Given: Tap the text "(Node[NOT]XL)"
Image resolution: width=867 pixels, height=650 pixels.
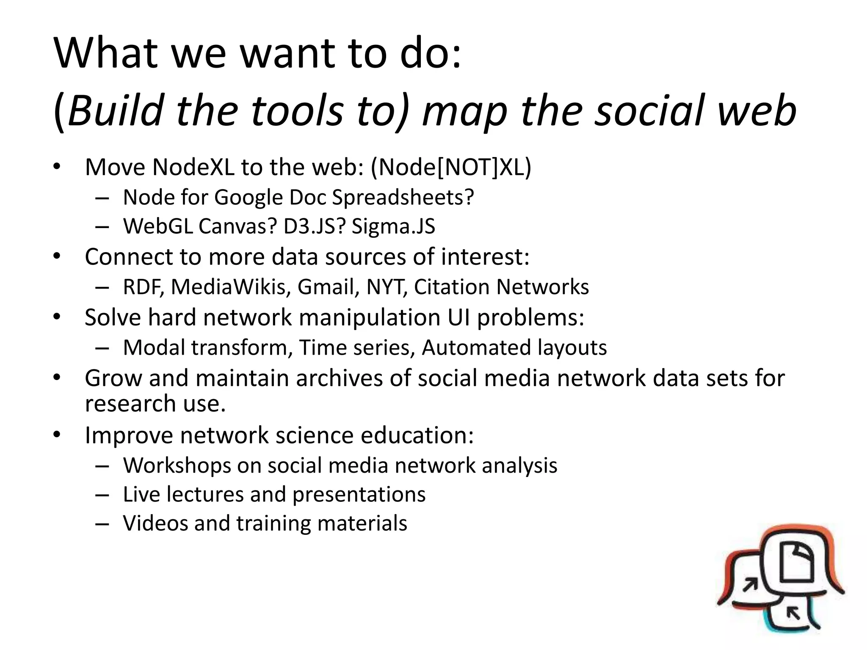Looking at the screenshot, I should pyautogui.click(x=451, y=167).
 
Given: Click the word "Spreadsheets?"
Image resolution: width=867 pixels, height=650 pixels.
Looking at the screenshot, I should pyautogui.click(x=403, y=198).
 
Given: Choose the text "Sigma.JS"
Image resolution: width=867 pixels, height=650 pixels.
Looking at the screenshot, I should pyautogui.click(x=393, y=226).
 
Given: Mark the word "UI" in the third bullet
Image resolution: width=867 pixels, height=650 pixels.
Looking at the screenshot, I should pyautogui.click(x=459, y=317).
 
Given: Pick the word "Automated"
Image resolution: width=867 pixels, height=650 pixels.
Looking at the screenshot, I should pyautogui.click(x=476, y=348).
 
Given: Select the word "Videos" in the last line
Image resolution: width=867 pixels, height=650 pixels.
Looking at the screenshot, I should pyautogui.click(x=155, y=523).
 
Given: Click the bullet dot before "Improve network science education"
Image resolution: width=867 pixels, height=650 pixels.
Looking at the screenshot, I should pyautogui.click(x=57, y=435).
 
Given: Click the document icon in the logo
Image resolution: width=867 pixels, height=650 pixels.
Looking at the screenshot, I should pyautogui.click(x=796, y=563).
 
